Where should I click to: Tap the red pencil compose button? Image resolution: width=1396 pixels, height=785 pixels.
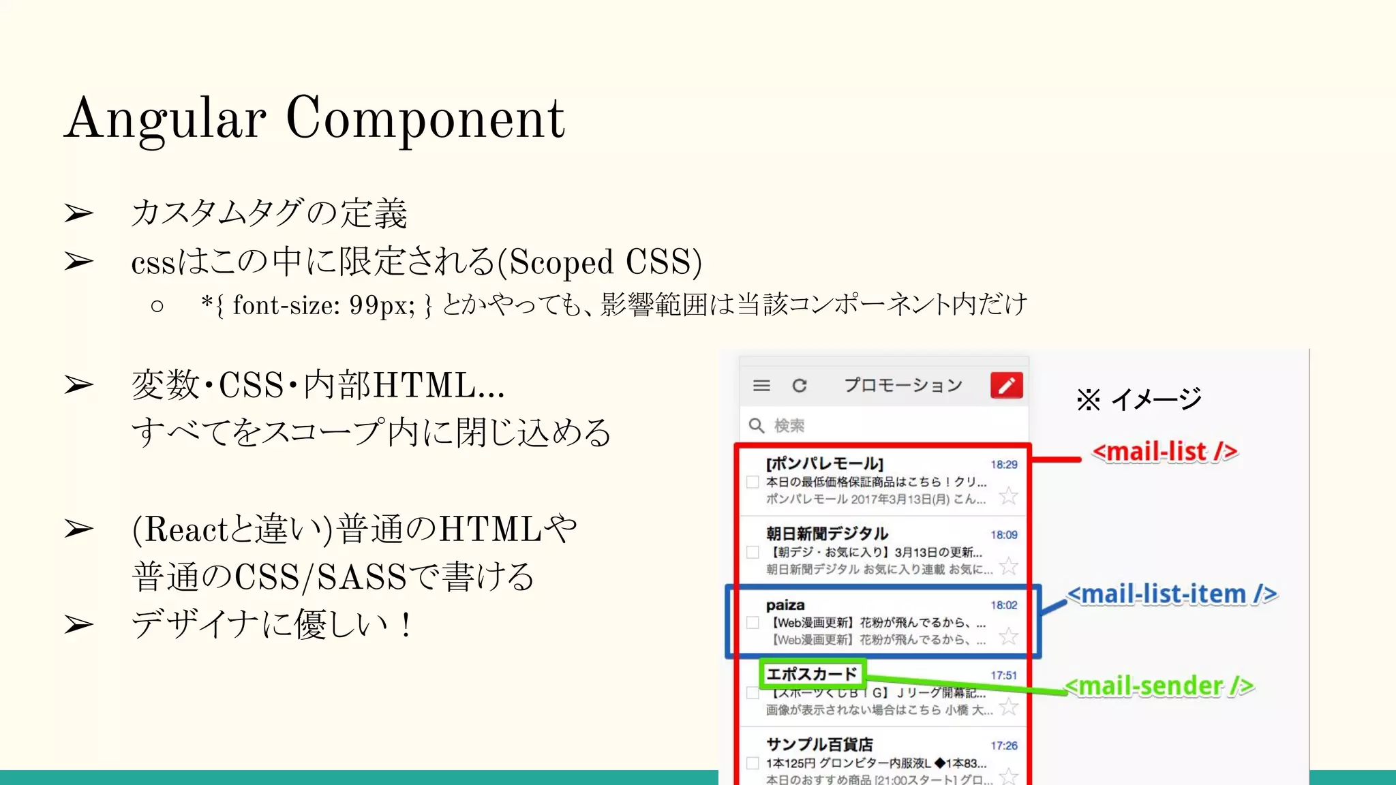tap(1006, 385)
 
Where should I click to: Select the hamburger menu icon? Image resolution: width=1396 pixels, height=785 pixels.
tap(761, 386)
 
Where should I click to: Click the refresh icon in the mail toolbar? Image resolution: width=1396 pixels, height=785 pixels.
tap(800, 386)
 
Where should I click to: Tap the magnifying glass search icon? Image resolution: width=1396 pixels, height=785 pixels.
tap(756, 426)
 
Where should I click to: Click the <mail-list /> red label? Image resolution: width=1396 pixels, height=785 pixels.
tap(1164, 452)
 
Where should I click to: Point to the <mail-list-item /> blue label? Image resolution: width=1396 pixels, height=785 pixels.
tap(1172, 594)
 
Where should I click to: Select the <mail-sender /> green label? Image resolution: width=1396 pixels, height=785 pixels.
tap(1159, 686)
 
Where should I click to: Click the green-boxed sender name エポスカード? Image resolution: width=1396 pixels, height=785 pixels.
tap(812, 674)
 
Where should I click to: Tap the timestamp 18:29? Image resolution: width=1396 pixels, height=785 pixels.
tap(1003, 465)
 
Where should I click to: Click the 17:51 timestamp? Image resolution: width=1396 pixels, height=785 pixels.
tap(1003, 675)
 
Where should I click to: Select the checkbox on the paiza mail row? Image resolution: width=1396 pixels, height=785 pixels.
tap(753, 622)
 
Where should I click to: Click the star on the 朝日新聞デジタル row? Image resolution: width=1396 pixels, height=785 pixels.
tap(1008, 566)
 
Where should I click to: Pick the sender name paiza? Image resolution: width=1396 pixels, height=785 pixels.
tap(785, 605)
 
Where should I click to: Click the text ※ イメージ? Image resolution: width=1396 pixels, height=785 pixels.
tap(1138, 399)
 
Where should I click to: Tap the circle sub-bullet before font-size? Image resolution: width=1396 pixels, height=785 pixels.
tap(157, 306)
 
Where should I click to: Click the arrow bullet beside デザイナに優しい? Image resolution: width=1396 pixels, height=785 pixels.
tap(79, 624)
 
